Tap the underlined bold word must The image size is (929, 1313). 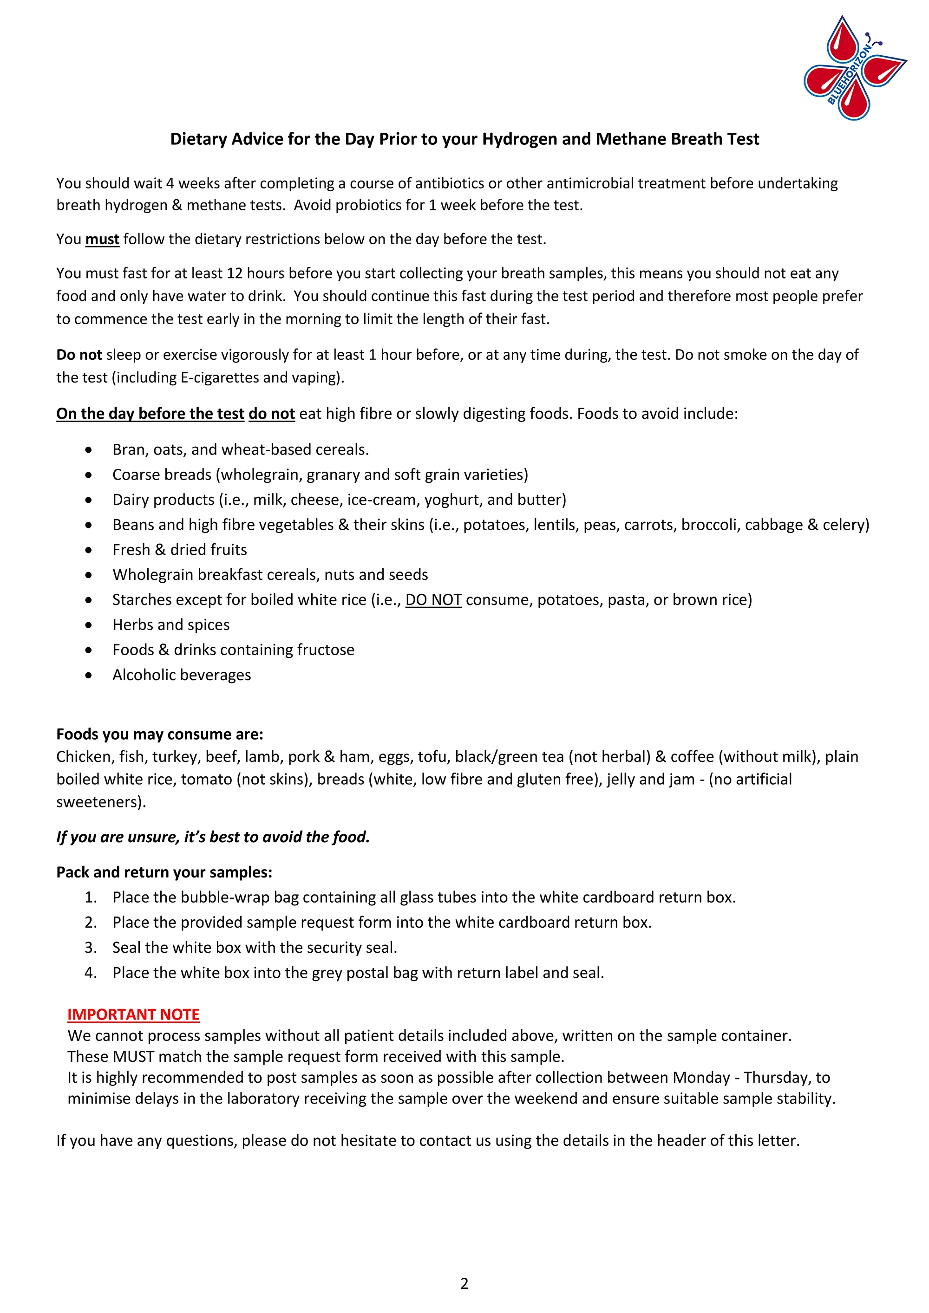[102, 239]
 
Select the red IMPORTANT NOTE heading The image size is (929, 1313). [133, 1014]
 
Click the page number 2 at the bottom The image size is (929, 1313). [464, 1284]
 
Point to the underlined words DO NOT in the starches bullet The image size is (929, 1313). [433, 600]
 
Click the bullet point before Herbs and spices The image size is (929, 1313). [88, 625]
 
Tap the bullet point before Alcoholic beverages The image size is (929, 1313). [88, 676]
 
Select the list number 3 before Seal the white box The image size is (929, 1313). [91, 948]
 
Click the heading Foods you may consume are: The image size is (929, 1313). [160, 734]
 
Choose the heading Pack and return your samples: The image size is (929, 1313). [164, 872]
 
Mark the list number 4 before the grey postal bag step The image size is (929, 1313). [91, 973]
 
